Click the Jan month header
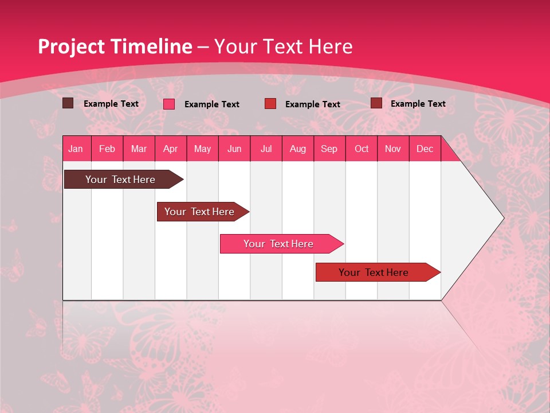76,149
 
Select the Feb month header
107,149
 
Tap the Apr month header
171,149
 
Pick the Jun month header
234,149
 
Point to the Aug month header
298,149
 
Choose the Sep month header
329,149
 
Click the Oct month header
362,149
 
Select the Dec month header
425,149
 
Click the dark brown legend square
68,103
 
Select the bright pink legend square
169,104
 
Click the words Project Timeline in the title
115,46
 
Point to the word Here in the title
330,46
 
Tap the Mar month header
139,149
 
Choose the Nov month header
393,149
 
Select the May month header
202,149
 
